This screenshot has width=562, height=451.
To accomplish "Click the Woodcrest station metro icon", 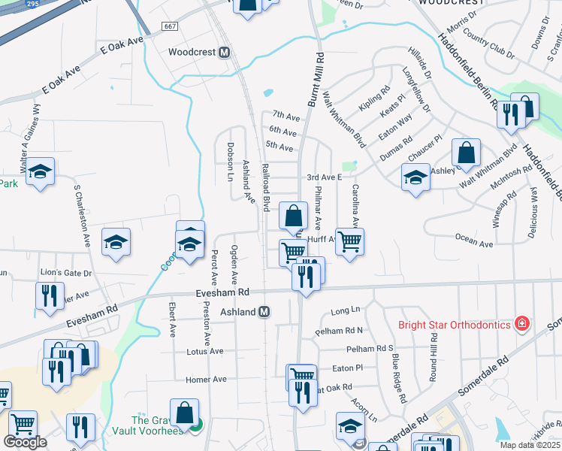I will click(223, 53).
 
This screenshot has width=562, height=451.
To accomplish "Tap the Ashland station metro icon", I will click(264, 311).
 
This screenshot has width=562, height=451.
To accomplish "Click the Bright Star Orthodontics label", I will click(453, 325).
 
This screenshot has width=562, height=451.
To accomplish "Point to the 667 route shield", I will click(169, 26).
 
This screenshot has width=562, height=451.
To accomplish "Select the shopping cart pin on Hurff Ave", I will click(349, 242).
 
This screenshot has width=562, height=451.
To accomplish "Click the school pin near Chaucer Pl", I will click(415, 177).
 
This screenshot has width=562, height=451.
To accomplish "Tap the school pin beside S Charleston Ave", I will click(116, 242).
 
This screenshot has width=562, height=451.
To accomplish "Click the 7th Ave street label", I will click(286, 116).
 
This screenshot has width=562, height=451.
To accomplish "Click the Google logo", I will click(25, 442).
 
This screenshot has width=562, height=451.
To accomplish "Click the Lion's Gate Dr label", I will click(66, 274).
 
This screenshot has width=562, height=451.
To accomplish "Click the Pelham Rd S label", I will click(370, 349).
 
